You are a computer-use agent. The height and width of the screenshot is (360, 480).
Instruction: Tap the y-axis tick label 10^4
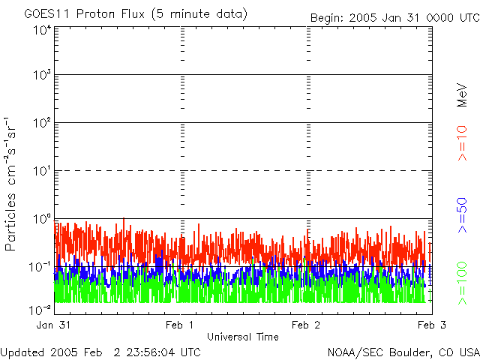(x=42, y=30)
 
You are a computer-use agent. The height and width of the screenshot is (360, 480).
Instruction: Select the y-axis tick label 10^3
(x=42, y=76)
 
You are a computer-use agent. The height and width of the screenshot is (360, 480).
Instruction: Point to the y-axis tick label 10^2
(x=42, y=124)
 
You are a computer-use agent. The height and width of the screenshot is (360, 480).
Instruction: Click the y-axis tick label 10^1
(x=42, y=172)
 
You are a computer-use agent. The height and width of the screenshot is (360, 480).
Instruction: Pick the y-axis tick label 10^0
(x=42, y=220)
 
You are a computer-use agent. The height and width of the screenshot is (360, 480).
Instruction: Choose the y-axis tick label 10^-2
(x=40, y=309)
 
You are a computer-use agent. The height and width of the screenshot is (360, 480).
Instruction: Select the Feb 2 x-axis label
(x=307, y=325)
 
